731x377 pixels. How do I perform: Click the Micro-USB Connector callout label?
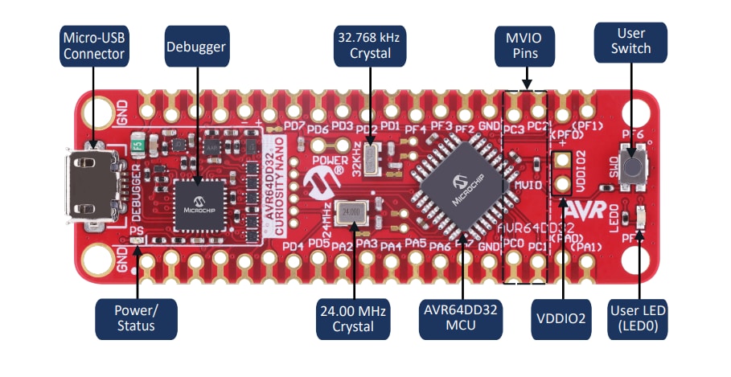[x=93, y=47]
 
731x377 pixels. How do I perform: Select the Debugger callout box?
[x=196, y=47]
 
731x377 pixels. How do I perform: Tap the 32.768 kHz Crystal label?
[x=371, y=47]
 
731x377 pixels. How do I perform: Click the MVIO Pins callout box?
[x=526, y=47]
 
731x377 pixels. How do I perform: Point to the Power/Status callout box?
[x=135, y=318]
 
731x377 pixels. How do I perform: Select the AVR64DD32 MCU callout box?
[x=463, y=318]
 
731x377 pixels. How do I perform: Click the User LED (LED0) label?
[x=640, y=318]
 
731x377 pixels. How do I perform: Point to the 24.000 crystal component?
[x=349, y=212]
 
